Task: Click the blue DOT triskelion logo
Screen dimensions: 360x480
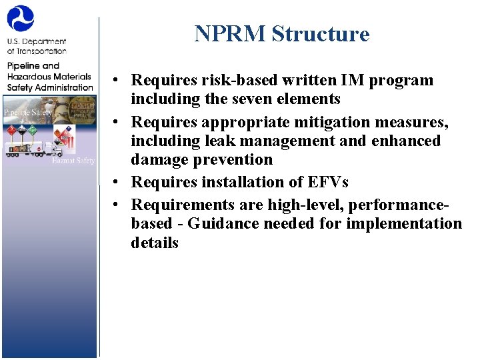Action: [21, 19]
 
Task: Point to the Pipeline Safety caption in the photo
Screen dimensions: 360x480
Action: [27, 112]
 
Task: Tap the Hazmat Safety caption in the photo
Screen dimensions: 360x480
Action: [75, 160]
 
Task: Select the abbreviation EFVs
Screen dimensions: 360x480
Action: [325, 183]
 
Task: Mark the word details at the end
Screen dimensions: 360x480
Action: [155, 243]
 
